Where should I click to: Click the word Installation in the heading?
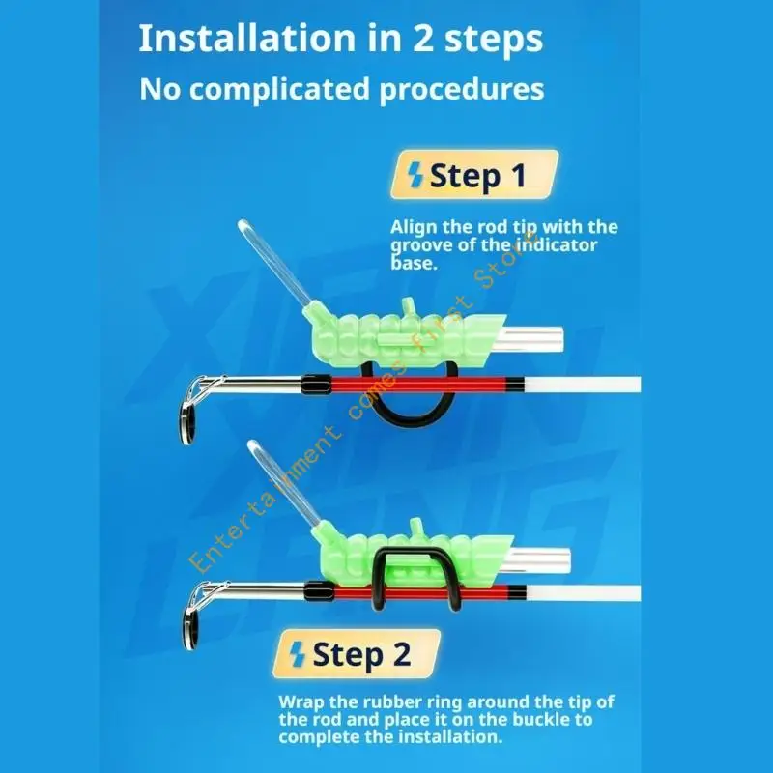click(x=248, y=39)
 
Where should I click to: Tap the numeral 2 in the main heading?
click(x=423, y=40)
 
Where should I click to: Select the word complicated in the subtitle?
click(x=279, y=90)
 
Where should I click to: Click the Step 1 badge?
click(x=474, y=175)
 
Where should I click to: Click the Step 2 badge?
click(x=357, y=654)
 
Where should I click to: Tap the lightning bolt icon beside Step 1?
click(x=415, y=176)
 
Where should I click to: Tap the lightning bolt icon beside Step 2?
click(x=298, y=654)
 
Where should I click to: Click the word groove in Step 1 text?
click(x=422, y=245)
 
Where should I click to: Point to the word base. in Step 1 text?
click(x=415, y=263)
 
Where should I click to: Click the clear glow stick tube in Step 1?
click(x=274, y=262)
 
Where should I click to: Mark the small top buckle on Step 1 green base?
click(x=408, y=305)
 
